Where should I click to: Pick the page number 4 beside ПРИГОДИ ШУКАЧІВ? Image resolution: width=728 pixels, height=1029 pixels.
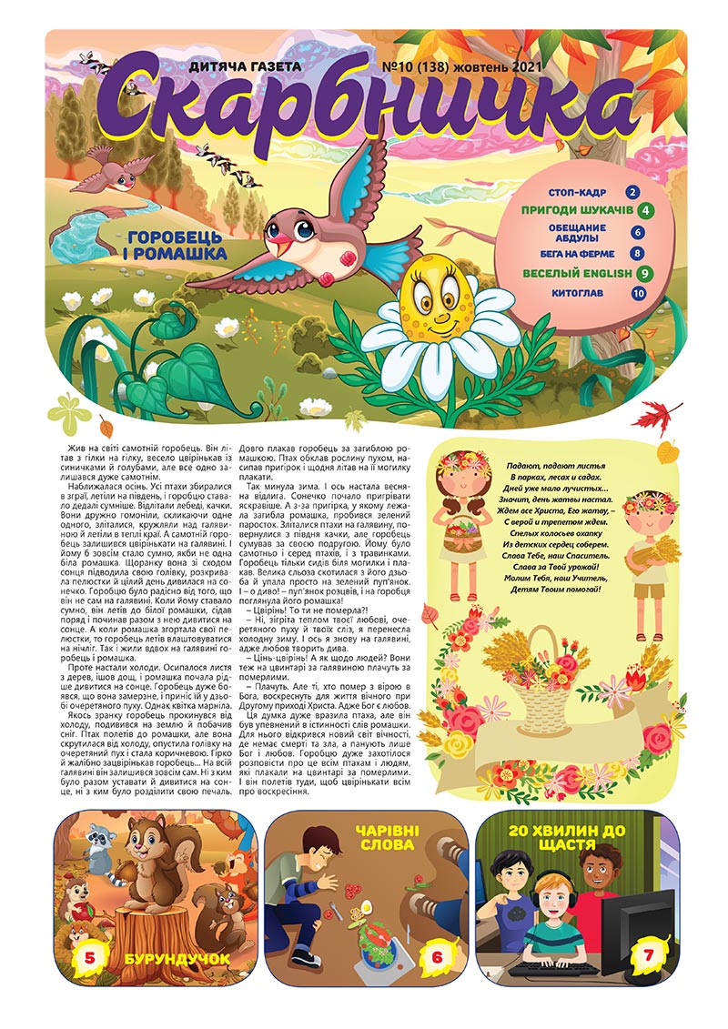tap(644, 213)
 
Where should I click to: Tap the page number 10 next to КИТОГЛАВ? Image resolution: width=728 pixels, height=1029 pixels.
tap(638, 294)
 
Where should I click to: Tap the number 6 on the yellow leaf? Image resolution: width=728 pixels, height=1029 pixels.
tap(436, 956)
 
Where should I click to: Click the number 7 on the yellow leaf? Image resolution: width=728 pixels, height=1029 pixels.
tap(649, 956)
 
